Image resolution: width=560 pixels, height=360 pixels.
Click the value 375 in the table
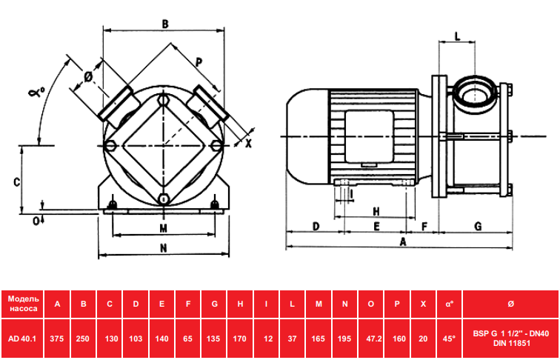pyautogui.click(x=57, y=339)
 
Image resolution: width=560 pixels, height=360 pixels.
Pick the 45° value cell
pyautogui.click(x=450, y=339)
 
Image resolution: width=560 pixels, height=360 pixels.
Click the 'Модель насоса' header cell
pyautogui.click(x=22, y=304)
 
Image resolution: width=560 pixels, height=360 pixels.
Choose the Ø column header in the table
pyautogui.click(x=510, y=304)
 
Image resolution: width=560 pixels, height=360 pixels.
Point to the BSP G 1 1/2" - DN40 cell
pyautogui.click(x=510, y=339)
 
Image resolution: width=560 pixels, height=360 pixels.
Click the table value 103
pyautogui.click(x=136, y=339)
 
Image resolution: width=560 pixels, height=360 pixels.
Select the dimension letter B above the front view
pyautogui.click(x=164, y=24)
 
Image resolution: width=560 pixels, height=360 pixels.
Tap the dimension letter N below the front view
pyautogui.click(x=163, y=248)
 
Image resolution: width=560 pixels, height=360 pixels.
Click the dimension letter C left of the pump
pyautogui.click(x=16, y=182)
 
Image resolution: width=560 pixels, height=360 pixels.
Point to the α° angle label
pyautogui.click(x=37, y=93)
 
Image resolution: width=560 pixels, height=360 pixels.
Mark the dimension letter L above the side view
pyautogui.click(x=458, y=36)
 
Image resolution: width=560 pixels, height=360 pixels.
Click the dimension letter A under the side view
pyautogui.click(x=403, y=242)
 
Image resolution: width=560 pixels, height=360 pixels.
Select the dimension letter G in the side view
pyautogui.click(x=478, y=226)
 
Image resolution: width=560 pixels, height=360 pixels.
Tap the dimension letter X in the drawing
pyautogui.click(x=249, y=144)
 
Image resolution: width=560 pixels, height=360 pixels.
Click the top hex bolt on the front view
pyautogui.click(x=163, y=99)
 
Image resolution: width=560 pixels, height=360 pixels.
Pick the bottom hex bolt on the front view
pyautogui.click(x=163, y=199)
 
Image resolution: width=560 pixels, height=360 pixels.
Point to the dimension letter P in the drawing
pyautogui.click(x=199, y=62)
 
